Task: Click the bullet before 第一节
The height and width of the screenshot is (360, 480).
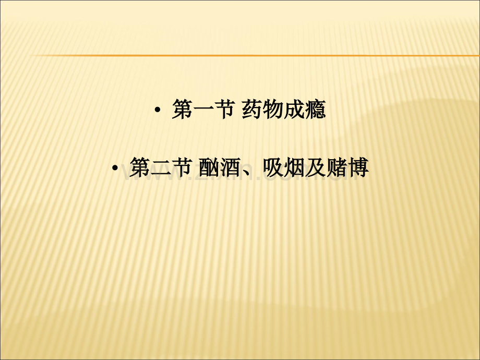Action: [158, 110]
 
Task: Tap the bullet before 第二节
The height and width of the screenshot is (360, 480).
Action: [115, 168]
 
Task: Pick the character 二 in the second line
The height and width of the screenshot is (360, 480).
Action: [161, 168]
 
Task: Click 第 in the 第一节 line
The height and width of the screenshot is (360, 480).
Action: [182, 109]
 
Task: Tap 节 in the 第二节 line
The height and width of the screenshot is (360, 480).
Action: [182, 167]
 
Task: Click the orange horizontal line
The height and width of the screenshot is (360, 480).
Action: [255, 56]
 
